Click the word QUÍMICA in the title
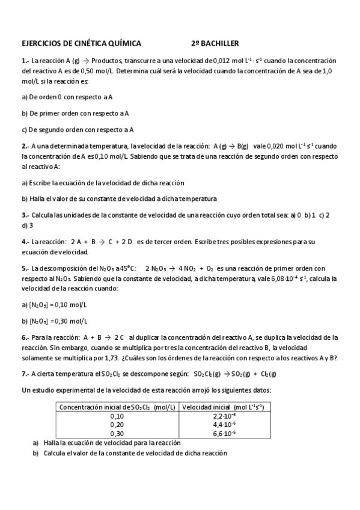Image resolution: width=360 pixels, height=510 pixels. point(126,44)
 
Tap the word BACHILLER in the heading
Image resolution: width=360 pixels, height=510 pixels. point(220,44)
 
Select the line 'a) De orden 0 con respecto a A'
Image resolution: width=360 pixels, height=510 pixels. point(67,96)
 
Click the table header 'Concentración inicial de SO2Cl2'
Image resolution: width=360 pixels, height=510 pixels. point(117,407)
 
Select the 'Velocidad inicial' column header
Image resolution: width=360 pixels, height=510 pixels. point(223,407)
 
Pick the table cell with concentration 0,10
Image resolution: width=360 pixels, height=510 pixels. point(117,416)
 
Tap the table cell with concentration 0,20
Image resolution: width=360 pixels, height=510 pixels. point(117,424)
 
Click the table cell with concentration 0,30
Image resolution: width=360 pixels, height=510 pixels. point(117,432)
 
